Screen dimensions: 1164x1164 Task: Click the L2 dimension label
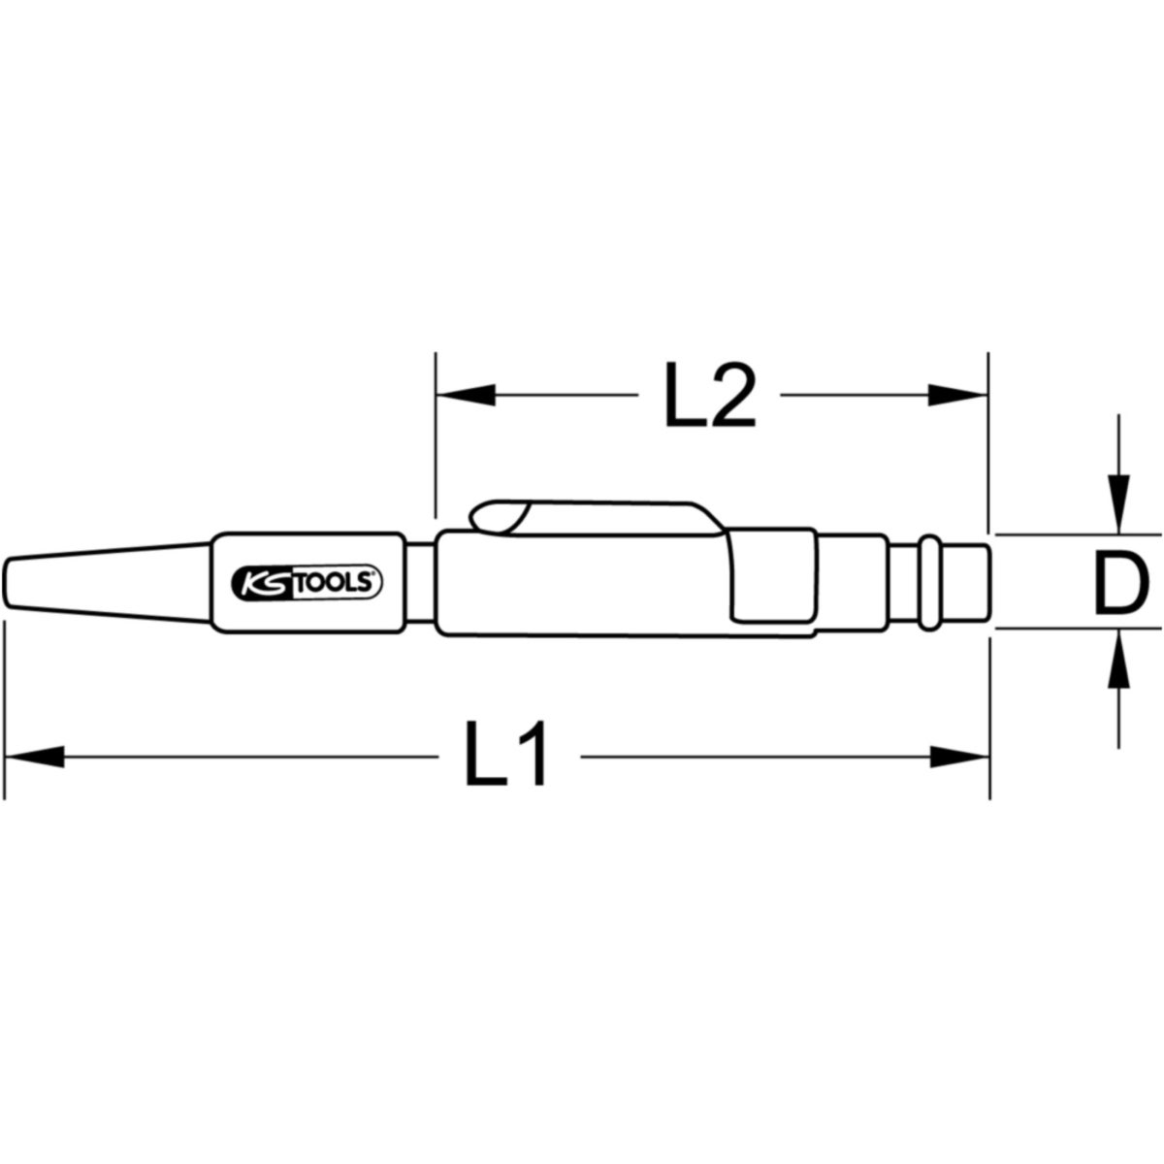point(710,396)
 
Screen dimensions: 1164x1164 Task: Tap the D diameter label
point(1120,586)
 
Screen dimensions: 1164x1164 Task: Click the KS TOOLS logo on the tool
point(307,583)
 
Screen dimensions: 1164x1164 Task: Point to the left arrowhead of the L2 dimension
point(466,396)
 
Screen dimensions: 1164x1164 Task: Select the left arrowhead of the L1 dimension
point(34,757)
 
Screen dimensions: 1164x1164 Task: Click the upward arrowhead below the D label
point(1118,658)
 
